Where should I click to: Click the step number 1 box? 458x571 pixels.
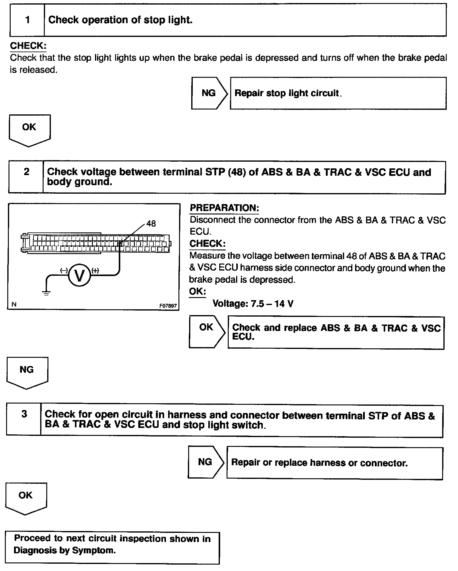[x=27, y=20]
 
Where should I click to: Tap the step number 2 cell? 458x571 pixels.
[x=26, y=172]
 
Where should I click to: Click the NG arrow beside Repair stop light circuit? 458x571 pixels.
[x=209, y=93]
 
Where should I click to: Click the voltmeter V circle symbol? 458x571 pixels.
[x=79, y=275]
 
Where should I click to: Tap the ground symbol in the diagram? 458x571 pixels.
[x=46, y=293]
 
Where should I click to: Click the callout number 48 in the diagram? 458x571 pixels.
[x=151, y=224]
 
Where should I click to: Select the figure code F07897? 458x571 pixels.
[x=168, y=306]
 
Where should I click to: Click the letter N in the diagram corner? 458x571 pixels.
[x=14, y=304]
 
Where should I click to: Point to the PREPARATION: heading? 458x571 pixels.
[x=224, y=208]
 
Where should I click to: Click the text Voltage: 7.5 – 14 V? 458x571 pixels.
[x=253, y=304]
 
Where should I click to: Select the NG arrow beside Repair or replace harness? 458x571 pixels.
[x=206, y=462]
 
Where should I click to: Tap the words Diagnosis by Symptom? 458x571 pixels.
[x=65, y=551]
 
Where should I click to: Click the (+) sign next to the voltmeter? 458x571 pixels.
[x=95, y=271]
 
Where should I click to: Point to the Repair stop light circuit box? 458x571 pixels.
[x=338, y=93]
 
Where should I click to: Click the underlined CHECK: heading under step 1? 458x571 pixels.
[x=28, y=46]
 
